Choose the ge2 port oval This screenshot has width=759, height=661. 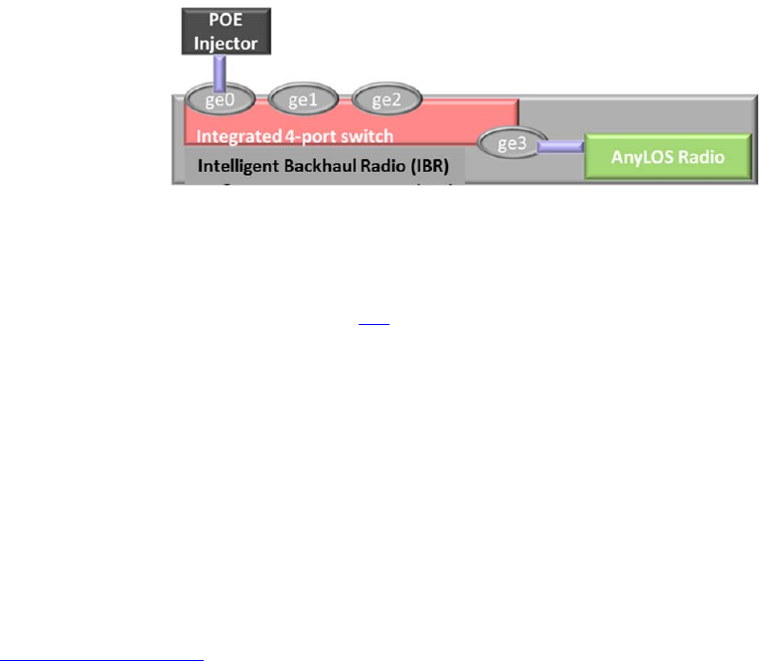[385, 99]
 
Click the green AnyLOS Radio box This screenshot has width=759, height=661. [665, 157]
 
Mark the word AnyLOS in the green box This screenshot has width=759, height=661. [641, 157]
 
